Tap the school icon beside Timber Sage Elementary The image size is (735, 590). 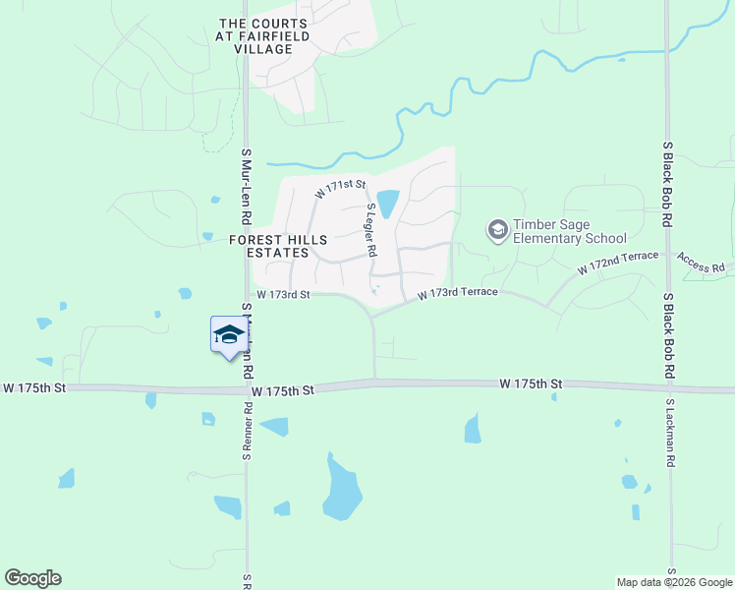[x=498, y=231]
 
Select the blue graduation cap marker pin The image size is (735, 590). [x=229, y=335]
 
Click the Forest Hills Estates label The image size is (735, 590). [x=270, y=246]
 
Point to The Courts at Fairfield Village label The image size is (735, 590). [x=264, y=36]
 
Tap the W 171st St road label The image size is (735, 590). [x=340, y=188]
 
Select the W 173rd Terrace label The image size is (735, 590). [x=457, y=293]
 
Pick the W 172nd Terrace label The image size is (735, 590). [x=617, y=262]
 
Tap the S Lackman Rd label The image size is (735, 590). [x=669, y=429]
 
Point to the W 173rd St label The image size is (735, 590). [x=283, y=294]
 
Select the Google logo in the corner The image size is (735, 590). [x=32, y=578]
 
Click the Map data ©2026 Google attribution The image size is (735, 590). [x=674, y=582]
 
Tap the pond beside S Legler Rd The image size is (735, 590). [x=388, y=204]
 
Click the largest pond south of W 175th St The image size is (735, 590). [x=342, y=491]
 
